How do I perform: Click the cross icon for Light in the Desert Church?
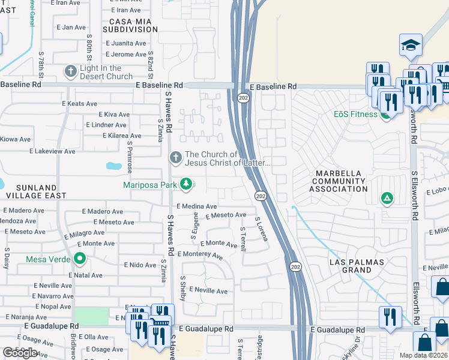pos(71,71)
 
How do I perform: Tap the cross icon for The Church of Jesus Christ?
pos(176,158)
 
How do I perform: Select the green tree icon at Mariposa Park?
pos(186,184)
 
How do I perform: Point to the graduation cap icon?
pos(411,45)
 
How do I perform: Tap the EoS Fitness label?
pos(356,114)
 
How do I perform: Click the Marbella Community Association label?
pos(338,181)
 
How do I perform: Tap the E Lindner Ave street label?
pos(106,125)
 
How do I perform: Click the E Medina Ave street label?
pos(196,206)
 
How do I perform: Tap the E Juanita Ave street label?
pos(126,43)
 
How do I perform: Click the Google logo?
pos(20,353)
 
